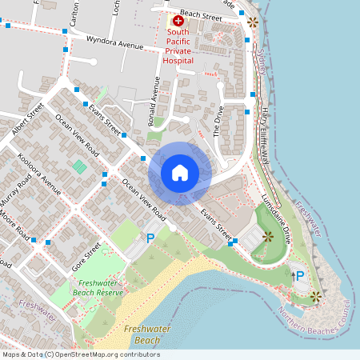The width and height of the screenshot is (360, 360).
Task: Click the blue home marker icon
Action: pos(180,173)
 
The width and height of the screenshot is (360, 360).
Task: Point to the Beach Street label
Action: pos(200,14)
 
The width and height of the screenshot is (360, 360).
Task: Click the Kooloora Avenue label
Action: pos(38,171)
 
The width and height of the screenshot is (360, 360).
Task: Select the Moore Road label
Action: pos(14,226)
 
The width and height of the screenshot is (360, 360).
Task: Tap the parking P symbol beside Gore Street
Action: pos(150,238)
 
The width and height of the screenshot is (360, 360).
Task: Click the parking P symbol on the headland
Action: pos(300,276)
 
